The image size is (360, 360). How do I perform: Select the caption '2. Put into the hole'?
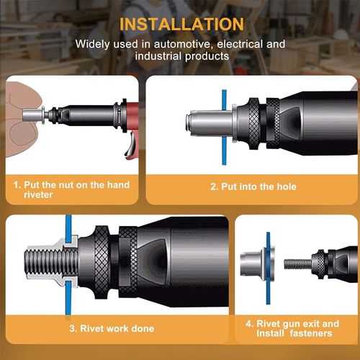[243, 186]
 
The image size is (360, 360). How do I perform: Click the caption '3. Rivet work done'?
[112, 328]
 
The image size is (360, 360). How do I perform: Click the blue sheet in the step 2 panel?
[225, 122]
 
